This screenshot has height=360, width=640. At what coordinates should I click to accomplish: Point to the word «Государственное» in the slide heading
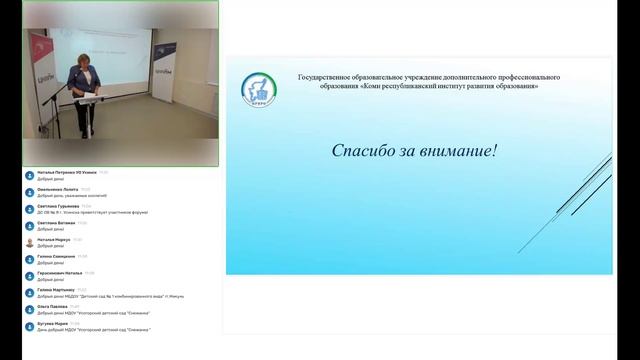coord(331,77)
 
